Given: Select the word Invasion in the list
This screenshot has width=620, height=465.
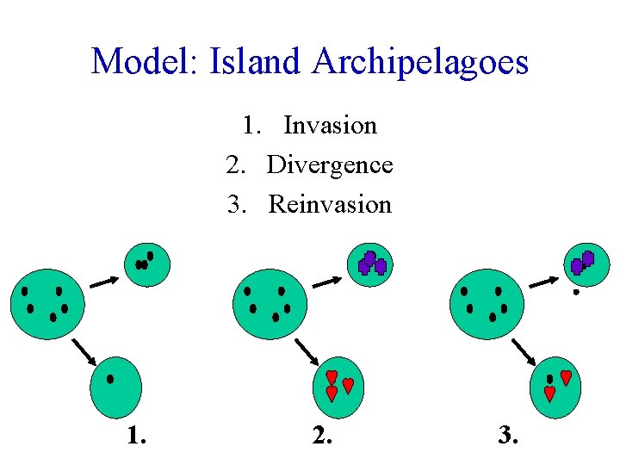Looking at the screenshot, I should tap(330, 126).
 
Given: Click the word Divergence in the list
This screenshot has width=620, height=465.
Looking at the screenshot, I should tap(330, 164).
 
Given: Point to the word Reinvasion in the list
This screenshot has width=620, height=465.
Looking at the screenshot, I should tap(330, 204).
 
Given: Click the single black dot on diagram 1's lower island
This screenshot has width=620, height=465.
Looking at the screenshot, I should tap(110, 378).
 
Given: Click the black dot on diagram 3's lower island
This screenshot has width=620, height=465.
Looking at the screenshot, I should tap(550, 379).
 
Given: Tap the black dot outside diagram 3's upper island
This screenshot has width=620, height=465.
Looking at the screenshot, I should tap(576, 293).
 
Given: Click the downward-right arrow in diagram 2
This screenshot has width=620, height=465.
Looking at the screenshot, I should tap(307, 350).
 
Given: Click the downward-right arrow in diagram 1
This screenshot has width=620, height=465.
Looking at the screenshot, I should tap(83, 350).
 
